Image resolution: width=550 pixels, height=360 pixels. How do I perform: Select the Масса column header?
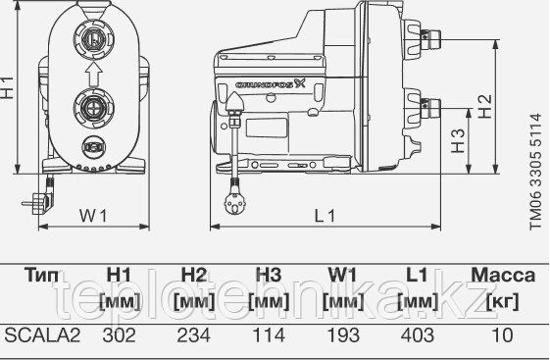point(502,276)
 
